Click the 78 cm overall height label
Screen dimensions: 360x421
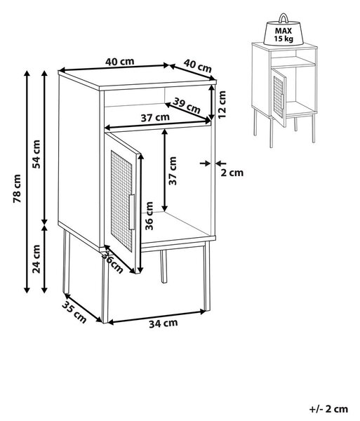click(17, 189)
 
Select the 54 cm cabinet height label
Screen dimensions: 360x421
click(36, 154)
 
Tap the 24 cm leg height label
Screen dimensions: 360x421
click(36, 259)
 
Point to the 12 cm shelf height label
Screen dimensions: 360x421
click(222, 104)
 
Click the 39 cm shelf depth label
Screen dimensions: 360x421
click(187, 105)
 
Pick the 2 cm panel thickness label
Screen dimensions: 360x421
click(232, 173)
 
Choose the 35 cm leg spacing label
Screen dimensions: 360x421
click(74, 312)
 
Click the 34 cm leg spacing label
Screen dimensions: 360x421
click(164, 323)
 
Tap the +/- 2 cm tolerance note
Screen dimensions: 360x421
click(328, 409)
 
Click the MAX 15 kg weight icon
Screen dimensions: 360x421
click(284, 30)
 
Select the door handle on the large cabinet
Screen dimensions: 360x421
click(131, 212)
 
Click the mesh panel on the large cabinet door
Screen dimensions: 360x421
click(121, 201)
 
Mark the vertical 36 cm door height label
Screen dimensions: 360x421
click(149, 216)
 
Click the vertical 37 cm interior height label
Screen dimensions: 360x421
click(173, 171)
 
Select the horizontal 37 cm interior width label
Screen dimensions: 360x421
click(155, 117)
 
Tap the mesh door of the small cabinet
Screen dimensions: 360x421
click(279, 98)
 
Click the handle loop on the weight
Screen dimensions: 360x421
click(284, 18)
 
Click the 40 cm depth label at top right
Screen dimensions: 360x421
click(198, 66)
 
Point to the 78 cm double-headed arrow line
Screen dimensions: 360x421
click(27, 182)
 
